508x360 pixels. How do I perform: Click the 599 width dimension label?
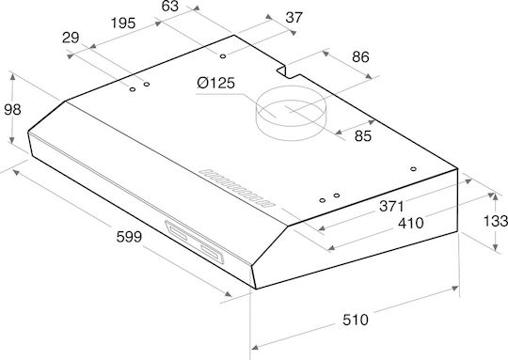pyautogui.click(x=129, y=237)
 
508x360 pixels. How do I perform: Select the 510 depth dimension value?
pyautogui.click(x=356, y=320)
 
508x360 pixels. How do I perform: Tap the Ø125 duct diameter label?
pyautogui.click(x=215, y=84)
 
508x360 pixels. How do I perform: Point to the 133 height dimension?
pyautogui.click(x=496, y=222)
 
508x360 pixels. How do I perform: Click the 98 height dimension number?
pyautogui.click(x=12, y=110)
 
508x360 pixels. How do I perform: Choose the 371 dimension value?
pyautogui.click(x=391, y=206)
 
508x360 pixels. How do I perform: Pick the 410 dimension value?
pyautogui.click(x=410, y=223)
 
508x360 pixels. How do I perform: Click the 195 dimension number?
pyautogui.click(x=123, y=23)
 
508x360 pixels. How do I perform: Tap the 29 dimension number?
pyautogui.click(x=71, y=38)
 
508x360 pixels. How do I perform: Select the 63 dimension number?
pyautogui.click(x=170, y=6)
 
